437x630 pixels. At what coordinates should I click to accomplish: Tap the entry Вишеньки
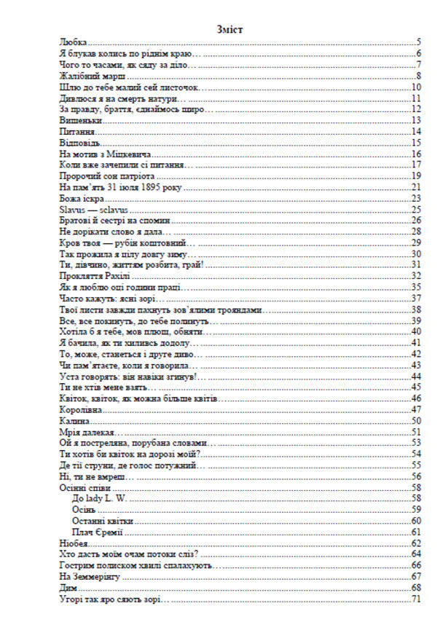[x=78, y=119]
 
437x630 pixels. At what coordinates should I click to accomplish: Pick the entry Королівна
[x=80, y=410]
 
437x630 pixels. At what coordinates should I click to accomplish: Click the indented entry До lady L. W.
[x=100, y=498]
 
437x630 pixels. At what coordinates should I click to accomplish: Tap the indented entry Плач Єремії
[x=98, y=532]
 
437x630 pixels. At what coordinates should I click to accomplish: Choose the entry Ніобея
[x=74, y=543]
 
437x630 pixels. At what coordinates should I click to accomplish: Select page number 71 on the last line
[x=417, y=599]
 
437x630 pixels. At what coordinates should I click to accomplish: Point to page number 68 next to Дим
[x=417, y=587]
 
